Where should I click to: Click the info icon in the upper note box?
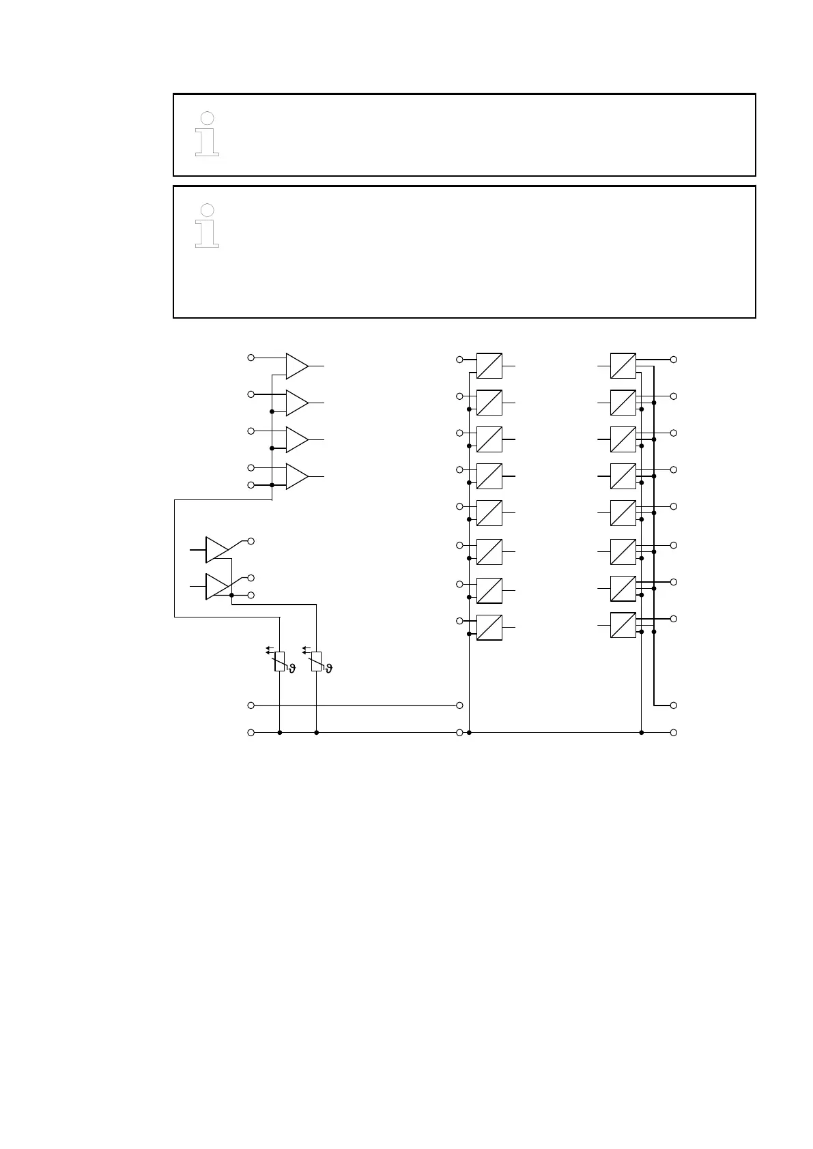207,134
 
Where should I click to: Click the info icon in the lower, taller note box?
207,226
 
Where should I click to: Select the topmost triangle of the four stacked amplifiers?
296,366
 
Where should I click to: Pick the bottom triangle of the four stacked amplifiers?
296,476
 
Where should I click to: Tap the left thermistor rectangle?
280,661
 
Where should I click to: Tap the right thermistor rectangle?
316,661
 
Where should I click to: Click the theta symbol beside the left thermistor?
292,669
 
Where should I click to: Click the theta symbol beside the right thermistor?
329,669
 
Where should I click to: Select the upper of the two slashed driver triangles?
216,549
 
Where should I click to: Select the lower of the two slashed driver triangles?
216,587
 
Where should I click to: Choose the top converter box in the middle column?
489,366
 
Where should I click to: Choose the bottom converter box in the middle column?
489,627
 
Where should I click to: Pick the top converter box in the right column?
623,366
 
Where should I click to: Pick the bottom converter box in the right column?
623,625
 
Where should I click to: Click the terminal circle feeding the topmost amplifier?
251,358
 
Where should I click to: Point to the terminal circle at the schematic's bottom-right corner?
674,733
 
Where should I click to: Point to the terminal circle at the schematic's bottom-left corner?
251,733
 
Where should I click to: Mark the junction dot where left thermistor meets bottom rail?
280,733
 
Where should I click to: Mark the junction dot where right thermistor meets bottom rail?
316,733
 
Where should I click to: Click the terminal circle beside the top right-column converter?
674,359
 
